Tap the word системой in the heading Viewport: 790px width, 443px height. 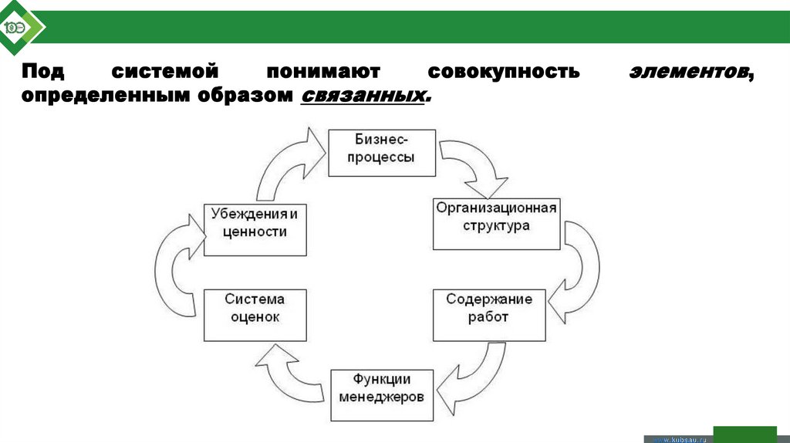click(166, 73)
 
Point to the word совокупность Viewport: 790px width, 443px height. click(503, 73)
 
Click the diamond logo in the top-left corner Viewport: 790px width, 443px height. click(20, 28)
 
